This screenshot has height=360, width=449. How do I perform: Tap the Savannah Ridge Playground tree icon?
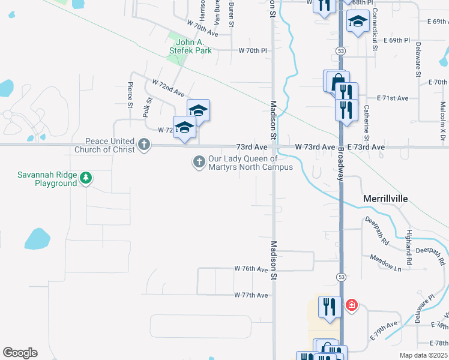coord(86,178)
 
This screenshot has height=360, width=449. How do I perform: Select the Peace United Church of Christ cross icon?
coord(143,144)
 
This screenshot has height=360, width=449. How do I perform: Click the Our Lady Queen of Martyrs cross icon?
coord(199,161)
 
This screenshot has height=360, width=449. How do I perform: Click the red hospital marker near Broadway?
coord(351,306)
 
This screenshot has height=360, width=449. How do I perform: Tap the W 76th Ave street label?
coord(251,269)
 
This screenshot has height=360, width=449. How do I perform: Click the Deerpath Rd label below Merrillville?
coord(377,229)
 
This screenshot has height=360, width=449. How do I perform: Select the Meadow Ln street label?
coord(385,262)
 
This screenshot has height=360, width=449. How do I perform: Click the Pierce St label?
coord(130,95)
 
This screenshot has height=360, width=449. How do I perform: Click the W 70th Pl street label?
coord(252,51)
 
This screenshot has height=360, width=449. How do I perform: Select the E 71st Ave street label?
coord(393,98)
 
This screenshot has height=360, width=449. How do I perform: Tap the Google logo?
coord(20,353)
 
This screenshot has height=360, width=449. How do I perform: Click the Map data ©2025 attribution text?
coord(424,355)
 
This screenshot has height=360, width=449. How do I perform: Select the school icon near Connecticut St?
coord(358,22)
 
